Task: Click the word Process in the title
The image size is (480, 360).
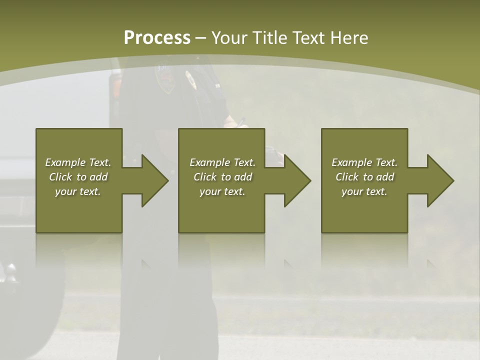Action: [x=157, y=38]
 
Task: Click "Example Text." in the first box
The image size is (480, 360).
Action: [x=78, y=162]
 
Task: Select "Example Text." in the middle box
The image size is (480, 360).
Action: [x=222, y=162]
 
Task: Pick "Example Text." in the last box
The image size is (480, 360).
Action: [x=364, y=162]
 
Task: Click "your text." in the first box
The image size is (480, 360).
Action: [x=78, y=191]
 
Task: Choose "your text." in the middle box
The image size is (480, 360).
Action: [x=222, y=191]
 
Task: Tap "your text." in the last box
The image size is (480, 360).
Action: [x=364, y=191]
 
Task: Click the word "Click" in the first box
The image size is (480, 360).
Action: [x=61, y=177]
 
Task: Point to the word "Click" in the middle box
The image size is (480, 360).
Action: [x=205, y=177]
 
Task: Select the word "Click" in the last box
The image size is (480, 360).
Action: [x=347, y=177]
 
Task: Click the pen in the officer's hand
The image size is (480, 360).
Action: [x=241, y=122]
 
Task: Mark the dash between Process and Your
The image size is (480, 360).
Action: [x=201, y=38]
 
